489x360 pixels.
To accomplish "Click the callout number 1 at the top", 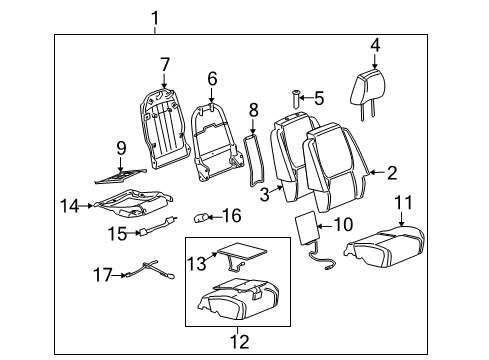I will [156, 16].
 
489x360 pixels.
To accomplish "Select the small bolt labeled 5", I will [297, 98].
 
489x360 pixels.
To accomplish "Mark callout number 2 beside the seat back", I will [392, 171].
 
